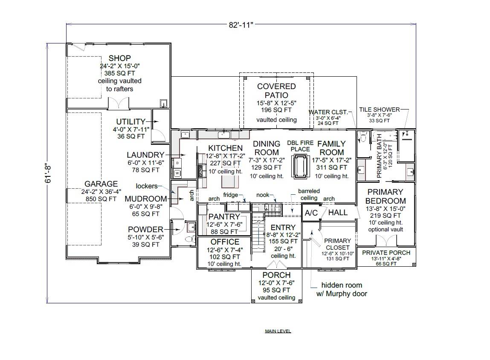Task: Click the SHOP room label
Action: (x=119, y=58)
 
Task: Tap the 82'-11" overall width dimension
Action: (x=241, y=24)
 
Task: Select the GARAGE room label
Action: (x=101, y=184)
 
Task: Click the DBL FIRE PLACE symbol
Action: (x=300, y=166)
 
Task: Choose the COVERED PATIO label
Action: (x=276, y=91)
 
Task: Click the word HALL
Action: (x=338, y=213)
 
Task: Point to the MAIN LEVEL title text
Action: (x=278, y=331)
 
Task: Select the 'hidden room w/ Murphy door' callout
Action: (x=341, y=289)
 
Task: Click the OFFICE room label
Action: (x=225, y=242)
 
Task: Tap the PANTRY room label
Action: (x=224, y=217)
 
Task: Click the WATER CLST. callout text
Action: (x=328, y=112)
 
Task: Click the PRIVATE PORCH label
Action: (x=386, y=253)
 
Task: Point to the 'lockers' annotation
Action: (x=146, y=186)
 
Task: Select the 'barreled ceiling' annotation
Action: (x=309, y=195)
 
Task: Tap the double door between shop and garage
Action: (x=118, y=104)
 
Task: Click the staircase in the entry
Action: (x=258, y=232)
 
